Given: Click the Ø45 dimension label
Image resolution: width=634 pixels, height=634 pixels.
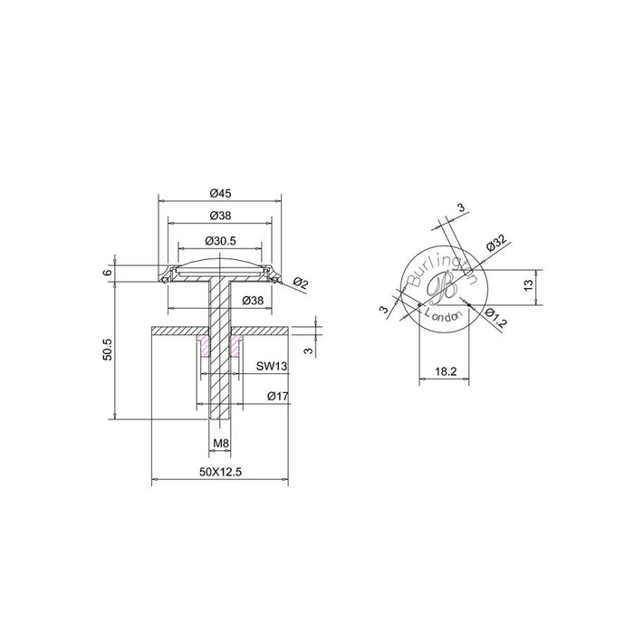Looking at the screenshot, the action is (220, 193).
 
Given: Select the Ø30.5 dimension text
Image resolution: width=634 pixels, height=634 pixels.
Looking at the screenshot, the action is (220, 241).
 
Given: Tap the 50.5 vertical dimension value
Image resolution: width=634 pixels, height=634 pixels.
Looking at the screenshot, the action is (107, 350).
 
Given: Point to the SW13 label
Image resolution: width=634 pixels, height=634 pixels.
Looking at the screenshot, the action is (272, 366).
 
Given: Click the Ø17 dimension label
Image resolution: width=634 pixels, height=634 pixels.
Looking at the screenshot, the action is (278, 396).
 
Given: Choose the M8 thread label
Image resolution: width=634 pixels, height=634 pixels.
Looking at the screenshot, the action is (221, 443).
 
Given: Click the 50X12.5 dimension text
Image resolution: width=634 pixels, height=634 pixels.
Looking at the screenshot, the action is (220, 472).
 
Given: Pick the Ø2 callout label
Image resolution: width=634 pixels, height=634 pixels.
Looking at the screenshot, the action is (301, 283).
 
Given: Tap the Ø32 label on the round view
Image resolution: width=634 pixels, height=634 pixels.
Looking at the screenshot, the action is (496, 243).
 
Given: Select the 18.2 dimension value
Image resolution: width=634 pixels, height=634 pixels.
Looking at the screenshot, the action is (446, 371).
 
